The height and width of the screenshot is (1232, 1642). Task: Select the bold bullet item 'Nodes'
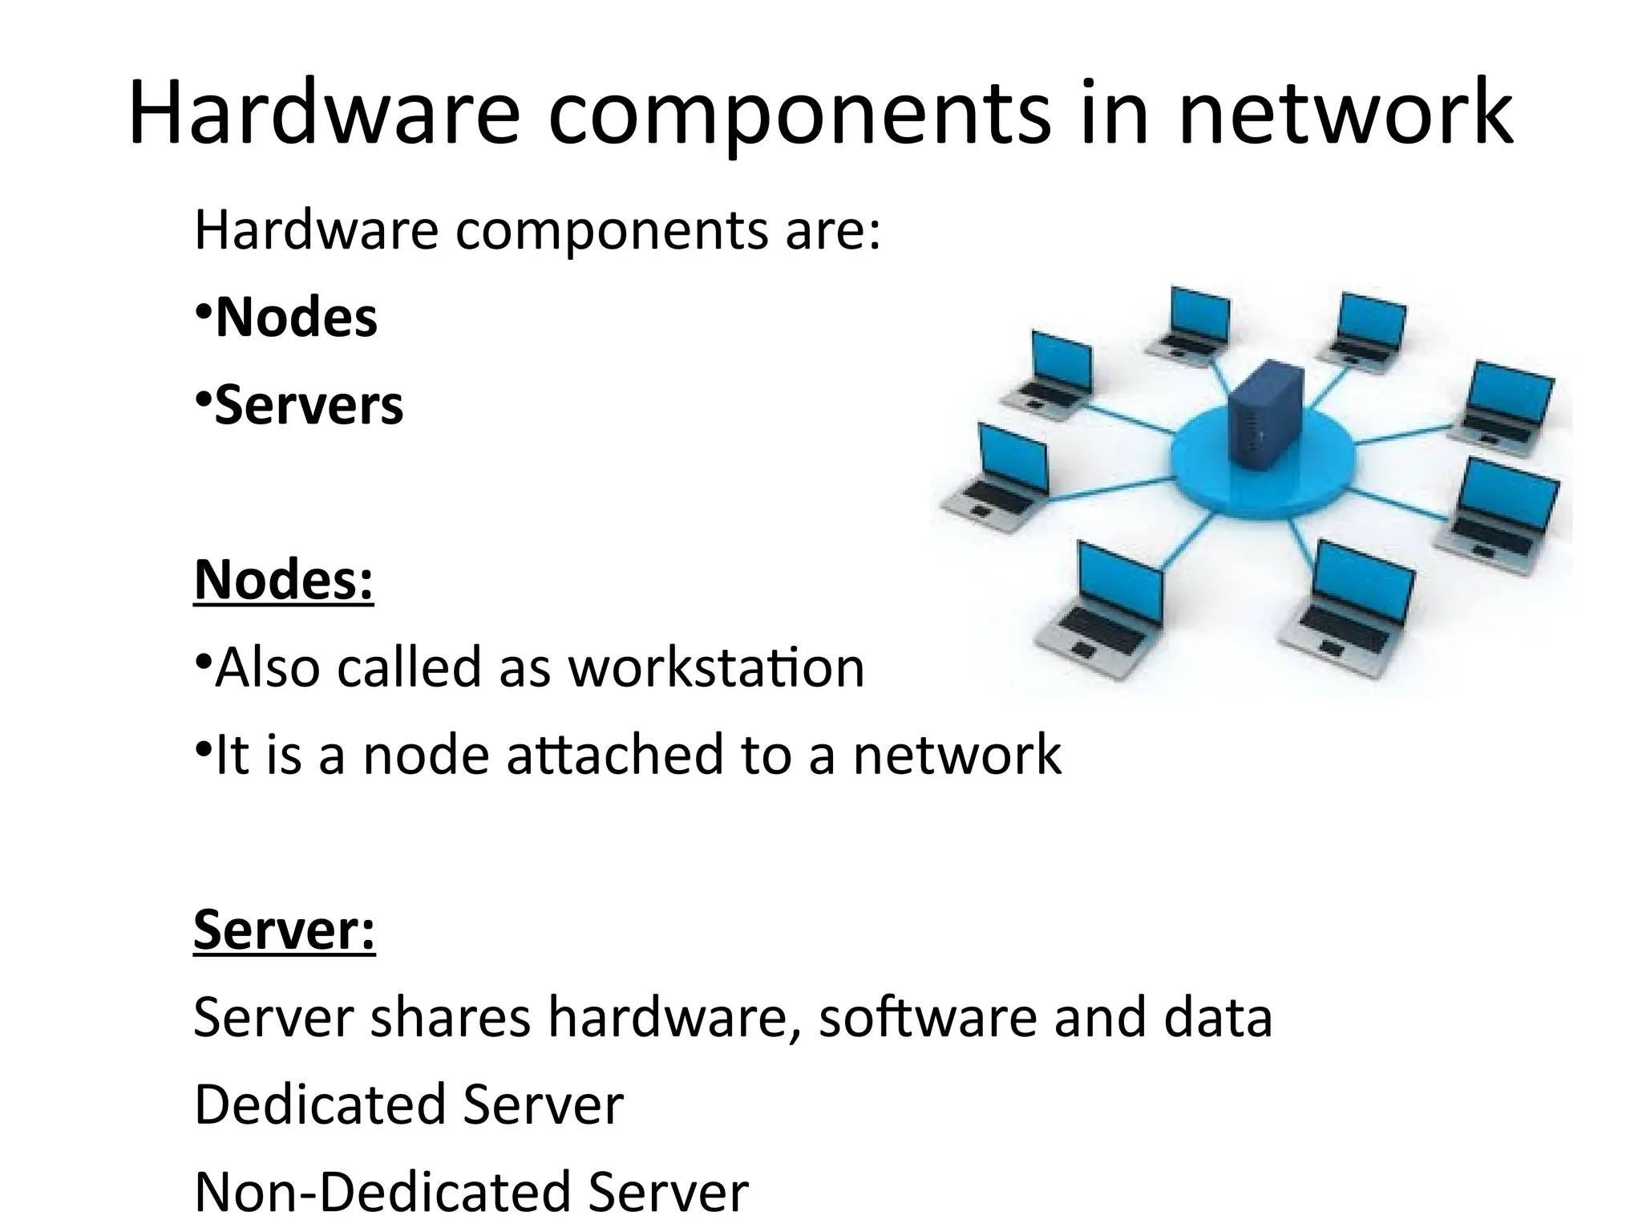point(296,318)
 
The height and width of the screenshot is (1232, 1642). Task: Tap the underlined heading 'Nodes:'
point(284,579)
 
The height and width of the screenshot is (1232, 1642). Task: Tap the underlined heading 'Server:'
point(284,930)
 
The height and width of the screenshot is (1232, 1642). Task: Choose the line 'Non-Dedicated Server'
point(471,1193)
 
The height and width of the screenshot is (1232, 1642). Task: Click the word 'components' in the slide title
point(799,114)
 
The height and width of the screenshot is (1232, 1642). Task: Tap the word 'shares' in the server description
point(451,1019)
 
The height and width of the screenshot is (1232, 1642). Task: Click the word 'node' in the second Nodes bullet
point(426,756)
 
